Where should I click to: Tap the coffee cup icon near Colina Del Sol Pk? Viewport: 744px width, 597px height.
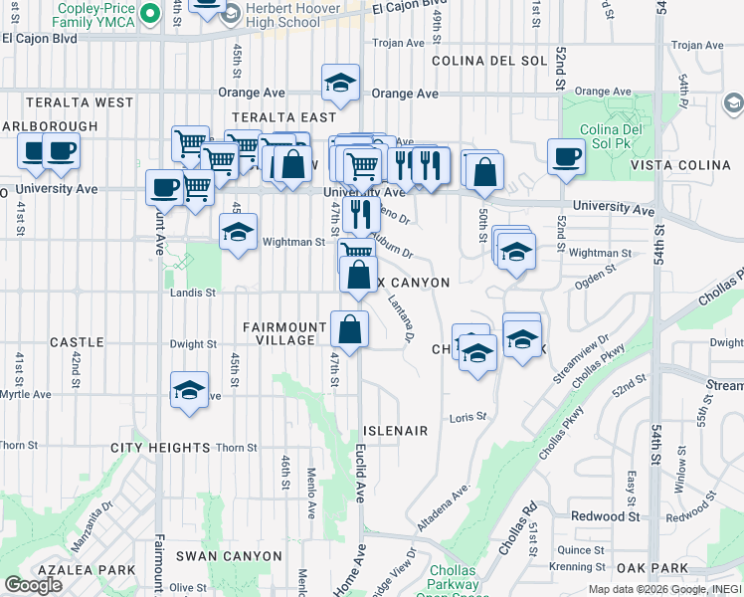[567, 156]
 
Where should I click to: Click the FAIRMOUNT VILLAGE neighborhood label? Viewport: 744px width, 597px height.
[285, 333]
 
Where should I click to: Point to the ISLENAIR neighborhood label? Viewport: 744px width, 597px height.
[395, 431]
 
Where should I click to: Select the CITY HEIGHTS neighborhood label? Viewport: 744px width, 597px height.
[160, 448]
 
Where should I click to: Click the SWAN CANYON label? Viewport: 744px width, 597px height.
[223, 555]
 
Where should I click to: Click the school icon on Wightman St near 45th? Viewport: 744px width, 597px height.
[238, 232]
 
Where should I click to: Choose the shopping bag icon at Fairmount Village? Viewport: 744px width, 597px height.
[350, 327]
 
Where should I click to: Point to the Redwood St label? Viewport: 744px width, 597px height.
[605, 516]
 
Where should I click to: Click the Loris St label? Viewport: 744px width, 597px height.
[467, 417]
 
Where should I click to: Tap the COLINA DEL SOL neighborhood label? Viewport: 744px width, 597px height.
[489, 61]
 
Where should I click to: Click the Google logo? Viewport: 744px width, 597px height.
[33, 585]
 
